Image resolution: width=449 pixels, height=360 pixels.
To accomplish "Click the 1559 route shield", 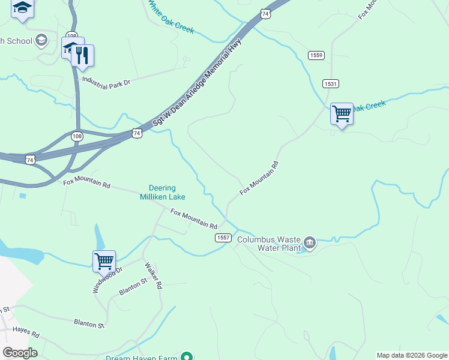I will pyautogui.click(x=316, y=55).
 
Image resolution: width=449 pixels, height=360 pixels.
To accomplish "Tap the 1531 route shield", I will pyautogui.click(x=330, y=83).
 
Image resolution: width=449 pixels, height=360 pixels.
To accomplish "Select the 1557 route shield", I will pyautogui.click(x=223, y=238).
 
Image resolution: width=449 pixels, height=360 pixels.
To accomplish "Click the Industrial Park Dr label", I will pyautogui.click(x=106, y=83).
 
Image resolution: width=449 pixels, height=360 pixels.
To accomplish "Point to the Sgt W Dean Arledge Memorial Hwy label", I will pyautogui.click(x=196, y=82).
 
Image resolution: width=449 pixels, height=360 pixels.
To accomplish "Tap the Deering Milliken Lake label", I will pyautogui.click(x=163, y=192).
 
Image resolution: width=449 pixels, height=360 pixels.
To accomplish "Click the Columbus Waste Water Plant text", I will pyautogui.click(x=268, y=243).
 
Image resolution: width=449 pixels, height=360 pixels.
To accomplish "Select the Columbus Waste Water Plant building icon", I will pyautogui.click(x=309, y=242).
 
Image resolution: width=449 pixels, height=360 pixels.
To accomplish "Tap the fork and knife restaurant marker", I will pyautogui.click(x=82, y=56).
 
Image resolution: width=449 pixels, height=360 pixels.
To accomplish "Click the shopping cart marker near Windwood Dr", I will pyautogui.click(x=104, y=262).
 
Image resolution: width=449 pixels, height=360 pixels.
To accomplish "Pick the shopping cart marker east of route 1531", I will pyautogui.click(x=342, y=113).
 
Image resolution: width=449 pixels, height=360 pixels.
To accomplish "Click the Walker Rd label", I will pyautogui.click(x=152, y=275).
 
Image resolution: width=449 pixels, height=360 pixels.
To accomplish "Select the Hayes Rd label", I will pyautogui.click(x=26, y=334).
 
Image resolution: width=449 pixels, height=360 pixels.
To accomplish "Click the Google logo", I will pyautogui.click(x=20, y=353).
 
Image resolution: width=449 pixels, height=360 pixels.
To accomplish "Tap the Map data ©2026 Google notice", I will pyautogui.click(x=412, y=355).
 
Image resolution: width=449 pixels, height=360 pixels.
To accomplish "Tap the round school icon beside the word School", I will pyautogui.click(x=41, y=41).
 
